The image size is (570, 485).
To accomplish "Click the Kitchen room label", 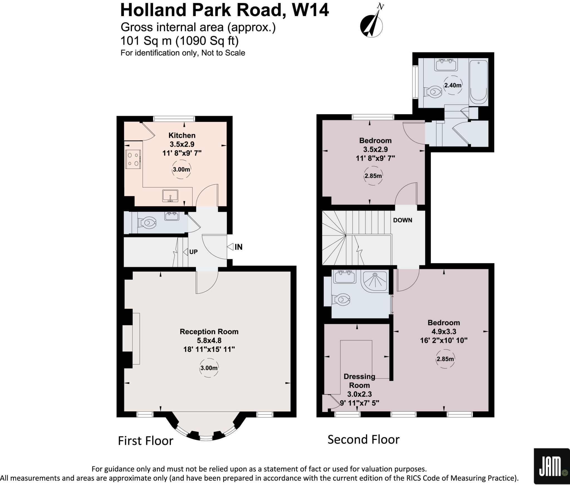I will [182, 135].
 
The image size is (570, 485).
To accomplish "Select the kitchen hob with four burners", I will [133, 159].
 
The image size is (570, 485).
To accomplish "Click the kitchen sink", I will [170, 196].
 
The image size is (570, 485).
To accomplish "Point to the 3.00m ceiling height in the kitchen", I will [181, 169].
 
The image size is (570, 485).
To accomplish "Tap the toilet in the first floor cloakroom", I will [147, 222].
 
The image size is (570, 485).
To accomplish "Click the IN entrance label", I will [238, 247].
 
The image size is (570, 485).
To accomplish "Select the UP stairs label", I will [193, 252].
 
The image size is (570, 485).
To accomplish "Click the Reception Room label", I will [209, 331].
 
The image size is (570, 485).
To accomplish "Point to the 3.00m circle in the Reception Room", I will [209, 368].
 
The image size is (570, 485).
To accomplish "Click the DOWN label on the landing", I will [402, 220].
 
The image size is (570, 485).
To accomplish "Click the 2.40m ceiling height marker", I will [453, 85].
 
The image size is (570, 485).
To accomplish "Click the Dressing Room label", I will [359, 381].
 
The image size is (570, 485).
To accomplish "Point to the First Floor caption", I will [146, 441].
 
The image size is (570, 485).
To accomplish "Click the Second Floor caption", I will [363, 439].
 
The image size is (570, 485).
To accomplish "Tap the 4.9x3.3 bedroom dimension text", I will [444, 331].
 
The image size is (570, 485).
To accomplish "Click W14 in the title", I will [310, 10].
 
